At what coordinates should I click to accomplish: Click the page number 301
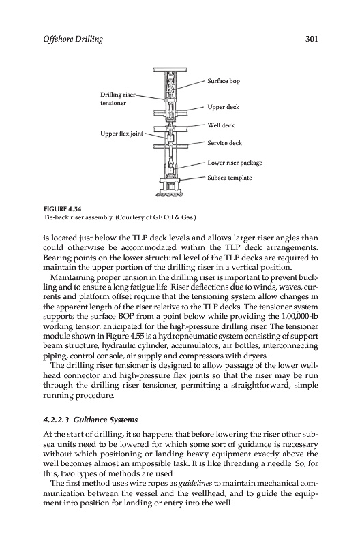[x=312, y=39]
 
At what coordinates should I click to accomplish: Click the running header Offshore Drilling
[x=73, y=40]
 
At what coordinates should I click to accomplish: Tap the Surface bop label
[x=224, y=81]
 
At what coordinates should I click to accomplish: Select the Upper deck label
[x=224, y=107]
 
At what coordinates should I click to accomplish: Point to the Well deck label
[x=221, y=125]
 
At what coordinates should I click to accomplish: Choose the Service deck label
[x=224, y=143]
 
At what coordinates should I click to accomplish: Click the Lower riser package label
[x=235, y=163]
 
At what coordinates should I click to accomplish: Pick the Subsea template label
[x=230, y=178]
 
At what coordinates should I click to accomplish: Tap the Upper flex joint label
[x=122, y=134]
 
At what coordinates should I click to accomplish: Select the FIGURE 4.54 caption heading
[x=62, y=209]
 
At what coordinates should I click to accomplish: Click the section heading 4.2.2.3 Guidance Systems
[x=91, y=420]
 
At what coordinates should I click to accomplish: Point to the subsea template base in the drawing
[x=170, y=187]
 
